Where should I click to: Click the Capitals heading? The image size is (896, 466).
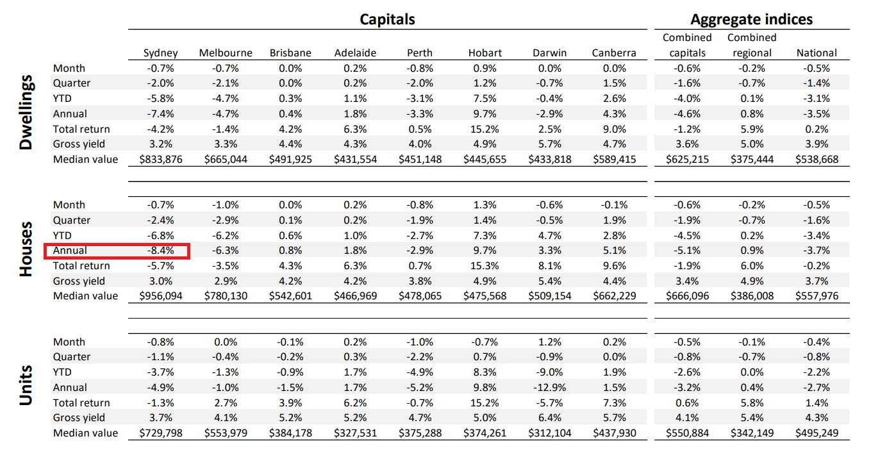tap(387, 19)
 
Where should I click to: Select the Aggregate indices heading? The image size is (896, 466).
tap(752, 19)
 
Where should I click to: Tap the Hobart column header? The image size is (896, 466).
tap(485, 53)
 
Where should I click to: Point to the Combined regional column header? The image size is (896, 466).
tap(752, 46)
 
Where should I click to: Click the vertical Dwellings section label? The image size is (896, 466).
tap(26, 112)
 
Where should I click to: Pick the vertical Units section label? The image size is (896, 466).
tap(26, 385)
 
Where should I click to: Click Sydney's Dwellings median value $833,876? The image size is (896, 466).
tap(161, 159)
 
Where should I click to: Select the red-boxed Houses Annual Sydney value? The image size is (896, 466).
tap(161, 251)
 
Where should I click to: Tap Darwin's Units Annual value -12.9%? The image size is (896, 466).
tap(550, 387)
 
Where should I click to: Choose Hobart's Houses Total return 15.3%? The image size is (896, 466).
tap(485, 265)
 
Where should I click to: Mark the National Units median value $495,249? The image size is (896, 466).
tap(817, 433)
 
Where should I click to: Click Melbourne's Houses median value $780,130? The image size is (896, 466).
tap(226, 296)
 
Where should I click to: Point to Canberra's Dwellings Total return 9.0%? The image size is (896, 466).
tap(615, 129)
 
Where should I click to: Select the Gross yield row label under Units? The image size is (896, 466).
tap(79, 417)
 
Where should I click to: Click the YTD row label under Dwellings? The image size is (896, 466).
tap(62, 99)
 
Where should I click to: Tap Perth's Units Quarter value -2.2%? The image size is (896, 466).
tap(420, 357)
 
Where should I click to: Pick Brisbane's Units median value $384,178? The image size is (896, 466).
tap(290, 433)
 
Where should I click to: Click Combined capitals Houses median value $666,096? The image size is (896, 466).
tap(687, 296)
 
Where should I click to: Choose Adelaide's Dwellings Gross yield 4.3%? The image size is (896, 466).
tap(355, 144)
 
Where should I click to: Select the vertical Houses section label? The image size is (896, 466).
tap(26, 249)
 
